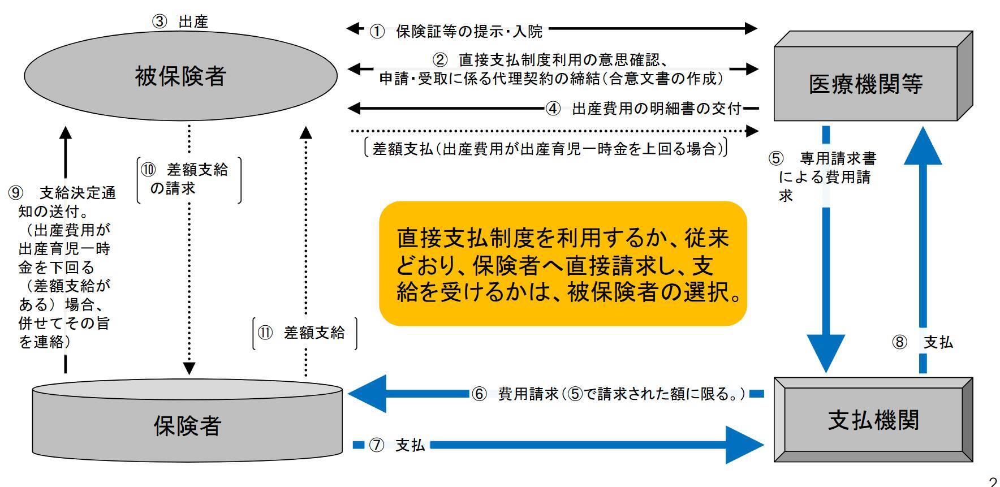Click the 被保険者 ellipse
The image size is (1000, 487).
tap(180, 76)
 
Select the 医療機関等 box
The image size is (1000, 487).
tap(865, 84)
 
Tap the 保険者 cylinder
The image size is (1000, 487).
tap(187, 424)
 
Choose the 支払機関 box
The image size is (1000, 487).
tap(873, 420)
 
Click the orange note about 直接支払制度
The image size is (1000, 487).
tap(563, 264)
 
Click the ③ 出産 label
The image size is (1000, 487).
tap(180, 21)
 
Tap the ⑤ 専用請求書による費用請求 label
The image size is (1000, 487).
tap(824, 176)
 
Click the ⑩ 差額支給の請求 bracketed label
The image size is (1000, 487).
tap(189, 179)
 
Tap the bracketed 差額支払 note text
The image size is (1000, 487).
tap(546, 149)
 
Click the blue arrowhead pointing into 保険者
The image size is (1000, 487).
tap(368, 393)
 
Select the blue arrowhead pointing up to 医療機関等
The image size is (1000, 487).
tap(923, 146)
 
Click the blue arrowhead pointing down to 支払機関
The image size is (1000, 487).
tap(826, 352)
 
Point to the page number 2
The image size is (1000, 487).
tap(993, 481)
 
